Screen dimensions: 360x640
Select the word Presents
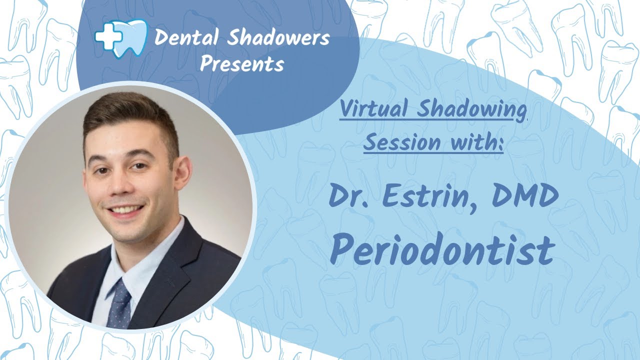point(241,64)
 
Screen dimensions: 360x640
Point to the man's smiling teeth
point(126,209)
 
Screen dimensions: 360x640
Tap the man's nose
point(121,185)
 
